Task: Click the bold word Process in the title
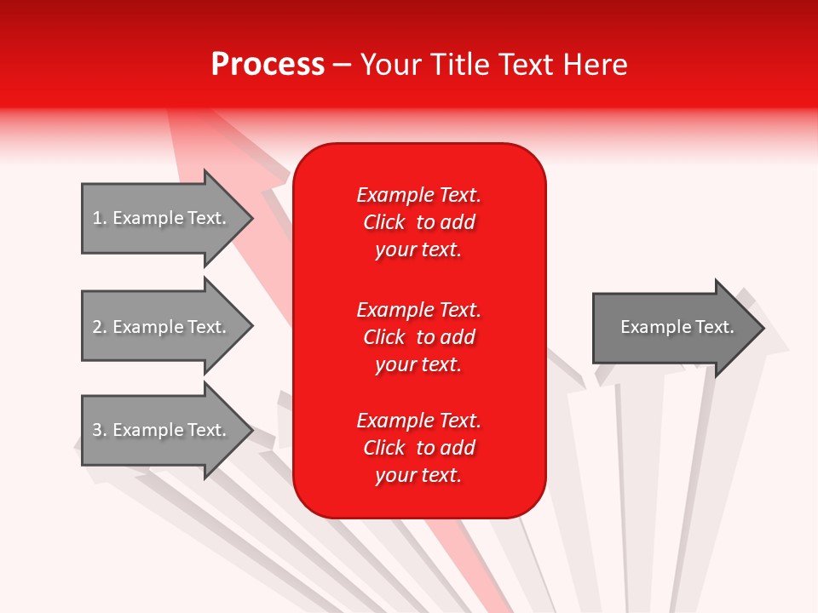pyautogui.click(x=268, y=65)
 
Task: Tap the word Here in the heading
pyautogui.click(x=595, y=65)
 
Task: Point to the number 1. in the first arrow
pyautogui.click(x=100, y=218)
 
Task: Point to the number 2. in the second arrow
pyautogui.click(x=100, y=327)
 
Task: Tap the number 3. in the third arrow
pyautogui.click(x=100, y=430)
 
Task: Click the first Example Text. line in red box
pyautogui.click(x=418, y=195)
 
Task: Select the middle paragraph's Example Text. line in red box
pyautogui.click(x=418, y=309)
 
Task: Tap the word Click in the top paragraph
pyautogui.click(x=384, y=222)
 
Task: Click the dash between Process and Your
pyautogui.click(x=342, y=65)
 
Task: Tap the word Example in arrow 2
pyautogui.click(x=148, y=327)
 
